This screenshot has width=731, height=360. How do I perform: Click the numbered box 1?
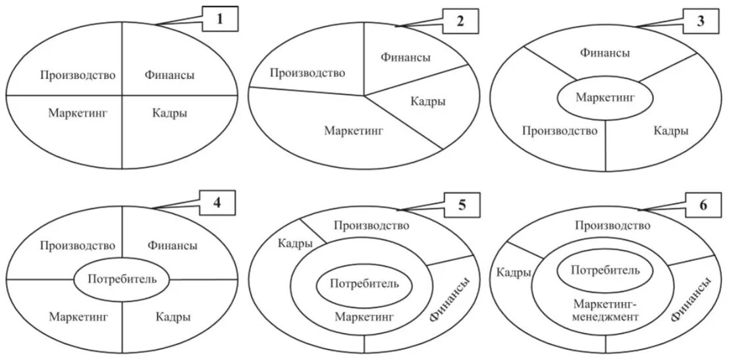point(221,20)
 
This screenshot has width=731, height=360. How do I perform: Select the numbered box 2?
point(460,21)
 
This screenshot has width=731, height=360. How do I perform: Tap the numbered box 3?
point(701,21)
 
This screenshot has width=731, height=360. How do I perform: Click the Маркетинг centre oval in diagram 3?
point(605,98)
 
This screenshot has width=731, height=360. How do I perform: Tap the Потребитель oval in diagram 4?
point(122,279)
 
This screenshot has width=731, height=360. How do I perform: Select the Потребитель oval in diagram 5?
point(364,284)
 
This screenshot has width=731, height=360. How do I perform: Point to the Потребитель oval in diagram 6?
point(605,270)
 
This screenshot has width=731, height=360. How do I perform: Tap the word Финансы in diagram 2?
point(406,57)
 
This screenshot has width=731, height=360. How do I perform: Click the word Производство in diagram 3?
point(560,130)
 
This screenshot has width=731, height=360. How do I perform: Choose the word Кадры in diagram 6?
point(514,272)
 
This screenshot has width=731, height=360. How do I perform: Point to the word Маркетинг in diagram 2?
point(354,130)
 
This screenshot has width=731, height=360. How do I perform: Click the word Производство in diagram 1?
point(78,75)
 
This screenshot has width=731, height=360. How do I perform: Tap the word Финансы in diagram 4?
point(172,245)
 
